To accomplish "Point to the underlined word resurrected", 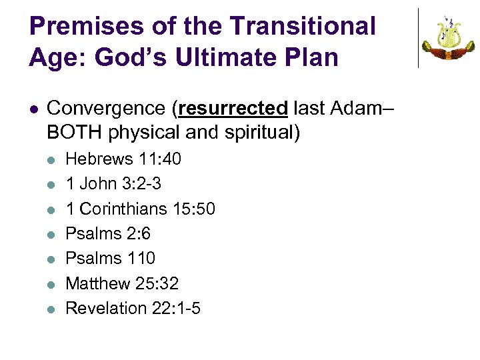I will click(x=233, y=108).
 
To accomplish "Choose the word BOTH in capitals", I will click(x=72, y=133).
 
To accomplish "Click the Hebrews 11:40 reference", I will click(x=123, y=159).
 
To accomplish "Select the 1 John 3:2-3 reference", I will click(x=113, y=184).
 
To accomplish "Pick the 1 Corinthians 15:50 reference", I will click(x=140, y=209).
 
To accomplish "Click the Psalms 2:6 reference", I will click(x=108, y=233).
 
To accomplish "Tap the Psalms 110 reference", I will click(x=110, y=258).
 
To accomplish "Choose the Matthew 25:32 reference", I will click(x=122, y=283).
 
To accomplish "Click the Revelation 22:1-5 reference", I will click(x=133, y=308).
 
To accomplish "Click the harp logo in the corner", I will click(x=448, y=38).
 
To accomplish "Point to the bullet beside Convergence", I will click(x=34, y=109).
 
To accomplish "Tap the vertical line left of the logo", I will click(x=418, y=38).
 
